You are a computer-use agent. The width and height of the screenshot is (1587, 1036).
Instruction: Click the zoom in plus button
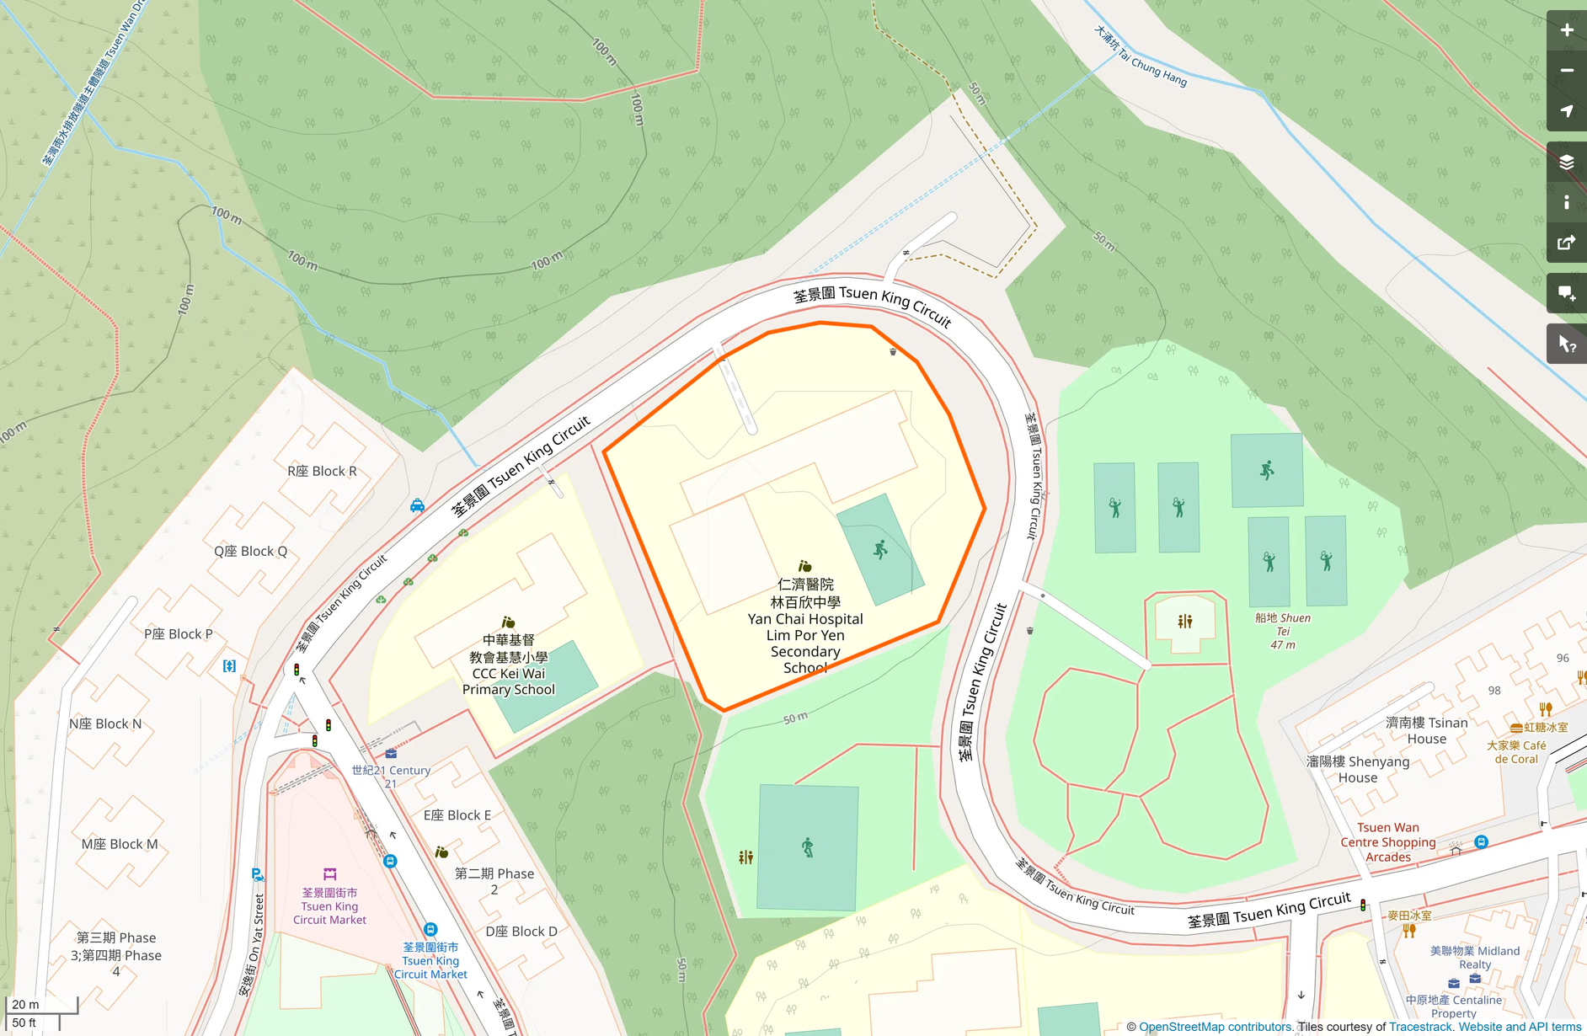point(1566,30)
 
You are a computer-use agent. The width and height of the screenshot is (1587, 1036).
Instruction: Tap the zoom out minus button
point(1566,71)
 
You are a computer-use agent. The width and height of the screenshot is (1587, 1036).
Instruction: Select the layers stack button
point(1566,163)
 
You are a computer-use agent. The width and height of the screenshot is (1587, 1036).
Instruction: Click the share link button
point(1566,243)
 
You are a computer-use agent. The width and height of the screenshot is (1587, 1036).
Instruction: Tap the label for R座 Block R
point(322,471)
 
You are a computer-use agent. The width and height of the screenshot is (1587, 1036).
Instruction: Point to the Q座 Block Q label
point(250,551)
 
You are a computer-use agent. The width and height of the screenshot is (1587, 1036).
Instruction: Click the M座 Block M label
point(120,844)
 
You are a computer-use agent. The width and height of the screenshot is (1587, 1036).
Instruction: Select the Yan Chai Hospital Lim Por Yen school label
point(805,626)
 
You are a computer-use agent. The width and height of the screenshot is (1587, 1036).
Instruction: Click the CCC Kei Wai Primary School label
point(509,665)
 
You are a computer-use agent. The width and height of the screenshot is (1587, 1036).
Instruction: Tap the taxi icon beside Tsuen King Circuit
point(417,505)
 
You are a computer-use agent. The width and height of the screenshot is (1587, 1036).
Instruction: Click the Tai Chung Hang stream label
point(1141,56)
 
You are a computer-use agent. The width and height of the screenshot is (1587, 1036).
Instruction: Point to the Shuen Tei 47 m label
point(1282,630)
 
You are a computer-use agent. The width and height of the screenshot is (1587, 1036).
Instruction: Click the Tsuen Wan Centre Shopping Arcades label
point(1387,842)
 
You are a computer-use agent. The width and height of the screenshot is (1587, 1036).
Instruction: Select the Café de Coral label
point(1516,751)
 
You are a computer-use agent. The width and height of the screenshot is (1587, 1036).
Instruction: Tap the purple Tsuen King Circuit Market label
point(329,905)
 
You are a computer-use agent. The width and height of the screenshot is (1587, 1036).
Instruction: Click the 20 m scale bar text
point(25,1004)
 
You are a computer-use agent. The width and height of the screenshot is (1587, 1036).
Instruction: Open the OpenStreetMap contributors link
point(1215,1027)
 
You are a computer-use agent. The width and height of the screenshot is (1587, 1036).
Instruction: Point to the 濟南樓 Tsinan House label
point(1426,730)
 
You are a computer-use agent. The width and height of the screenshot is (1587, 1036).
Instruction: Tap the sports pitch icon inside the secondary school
point(880,550)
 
